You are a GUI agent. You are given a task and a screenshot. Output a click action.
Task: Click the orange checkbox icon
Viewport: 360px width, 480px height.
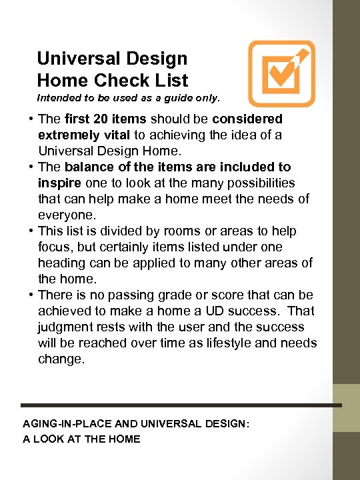[x=281, y=73]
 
